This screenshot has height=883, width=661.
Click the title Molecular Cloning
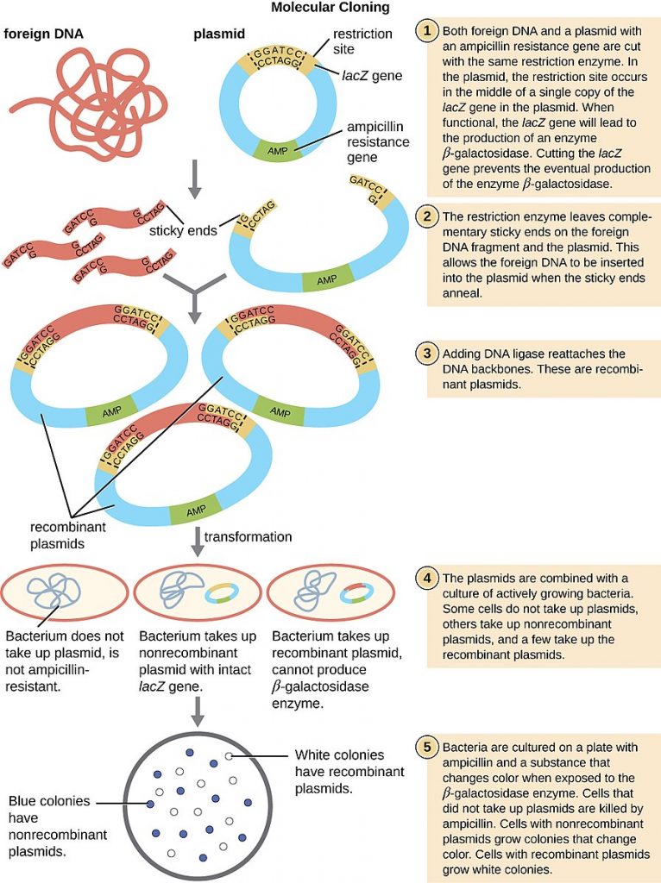pyautogui.click(x=330, y=8)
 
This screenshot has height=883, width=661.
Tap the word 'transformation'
pyautogui.click(x=249, y=536)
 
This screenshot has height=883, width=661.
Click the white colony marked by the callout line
pyautogui.click(x=229, y=755)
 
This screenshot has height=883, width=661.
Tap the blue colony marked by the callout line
pyautogui.click(x=151, y=804)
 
